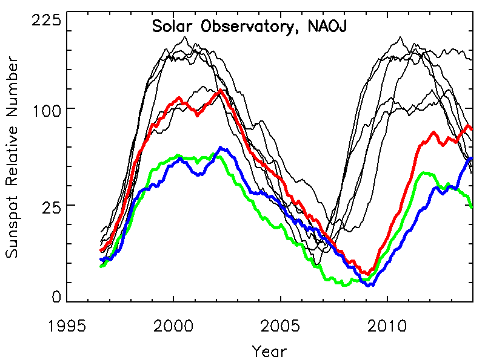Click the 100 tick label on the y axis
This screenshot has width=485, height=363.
coord(47,109)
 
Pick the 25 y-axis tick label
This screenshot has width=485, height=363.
coord(53,205)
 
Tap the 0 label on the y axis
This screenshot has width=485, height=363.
coord(56,296)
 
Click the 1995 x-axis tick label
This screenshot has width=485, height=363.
coord(67,327)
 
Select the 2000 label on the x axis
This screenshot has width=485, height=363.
coord(173,327)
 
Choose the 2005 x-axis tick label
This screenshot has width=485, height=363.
coord(281,327)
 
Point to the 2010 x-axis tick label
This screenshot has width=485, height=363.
coord(387,327)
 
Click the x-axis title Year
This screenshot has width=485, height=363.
coord(269,350)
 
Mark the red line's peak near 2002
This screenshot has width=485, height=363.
coord(219,90)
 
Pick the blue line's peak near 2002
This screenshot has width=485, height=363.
coord(221,148)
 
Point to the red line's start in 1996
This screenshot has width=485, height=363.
coord(101,250)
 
